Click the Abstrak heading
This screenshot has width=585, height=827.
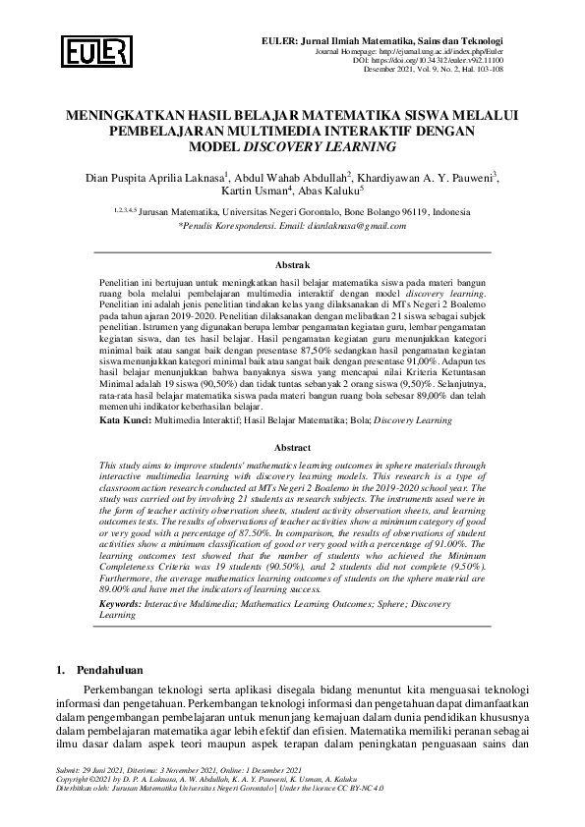292,265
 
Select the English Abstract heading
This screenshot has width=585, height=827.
292,446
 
